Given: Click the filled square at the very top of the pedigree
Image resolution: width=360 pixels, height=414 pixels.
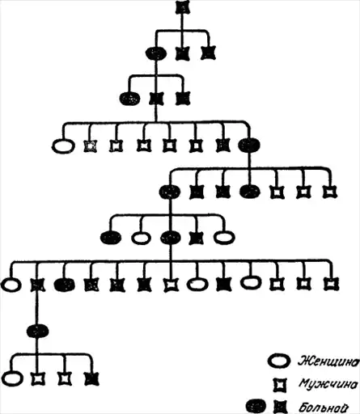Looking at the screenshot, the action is click(183, 7).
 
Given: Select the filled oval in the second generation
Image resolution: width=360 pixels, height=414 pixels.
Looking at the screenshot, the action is click(156, 53).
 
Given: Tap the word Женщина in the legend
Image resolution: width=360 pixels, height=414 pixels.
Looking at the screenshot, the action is click(329, 361).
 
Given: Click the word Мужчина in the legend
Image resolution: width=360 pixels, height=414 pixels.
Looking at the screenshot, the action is click(329, 384).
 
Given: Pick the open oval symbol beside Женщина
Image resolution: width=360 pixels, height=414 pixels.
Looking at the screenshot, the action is click(279, 361).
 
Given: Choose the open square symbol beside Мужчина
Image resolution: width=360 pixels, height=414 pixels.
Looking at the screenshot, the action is click(281, 385).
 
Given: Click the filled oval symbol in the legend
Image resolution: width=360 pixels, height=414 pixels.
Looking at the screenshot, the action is click(256, 407).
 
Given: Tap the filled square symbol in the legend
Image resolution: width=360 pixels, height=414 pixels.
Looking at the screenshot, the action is click(281, 407).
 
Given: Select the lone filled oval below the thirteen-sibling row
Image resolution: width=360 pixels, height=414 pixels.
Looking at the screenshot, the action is click(38, 331).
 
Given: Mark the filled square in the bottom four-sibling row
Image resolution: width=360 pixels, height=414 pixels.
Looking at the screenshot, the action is click(91, 378).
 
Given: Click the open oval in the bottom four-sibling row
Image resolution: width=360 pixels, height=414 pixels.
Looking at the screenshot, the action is click(12, 378).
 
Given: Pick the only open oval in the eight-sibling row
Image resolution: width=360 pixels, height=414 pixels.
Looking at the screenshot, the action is click(63, 146).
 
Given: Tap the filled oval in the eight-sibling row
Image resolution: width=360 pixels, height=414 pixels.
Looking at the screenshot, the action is click(249, 145).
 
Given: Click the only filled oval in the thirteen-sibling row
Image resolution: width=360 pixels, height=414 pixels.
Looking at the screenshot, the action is click(64, 285).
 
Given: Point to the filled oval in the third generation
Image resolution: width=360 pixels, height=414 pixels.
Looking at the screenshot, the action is click(129, 99).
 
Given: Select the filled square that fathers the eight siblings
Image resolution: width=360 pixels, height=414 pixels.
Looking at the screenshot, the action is click(156, 99).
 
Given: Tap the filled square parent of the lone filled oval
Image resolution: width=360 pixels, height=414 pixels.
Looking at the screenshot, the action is click(38, 285).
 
